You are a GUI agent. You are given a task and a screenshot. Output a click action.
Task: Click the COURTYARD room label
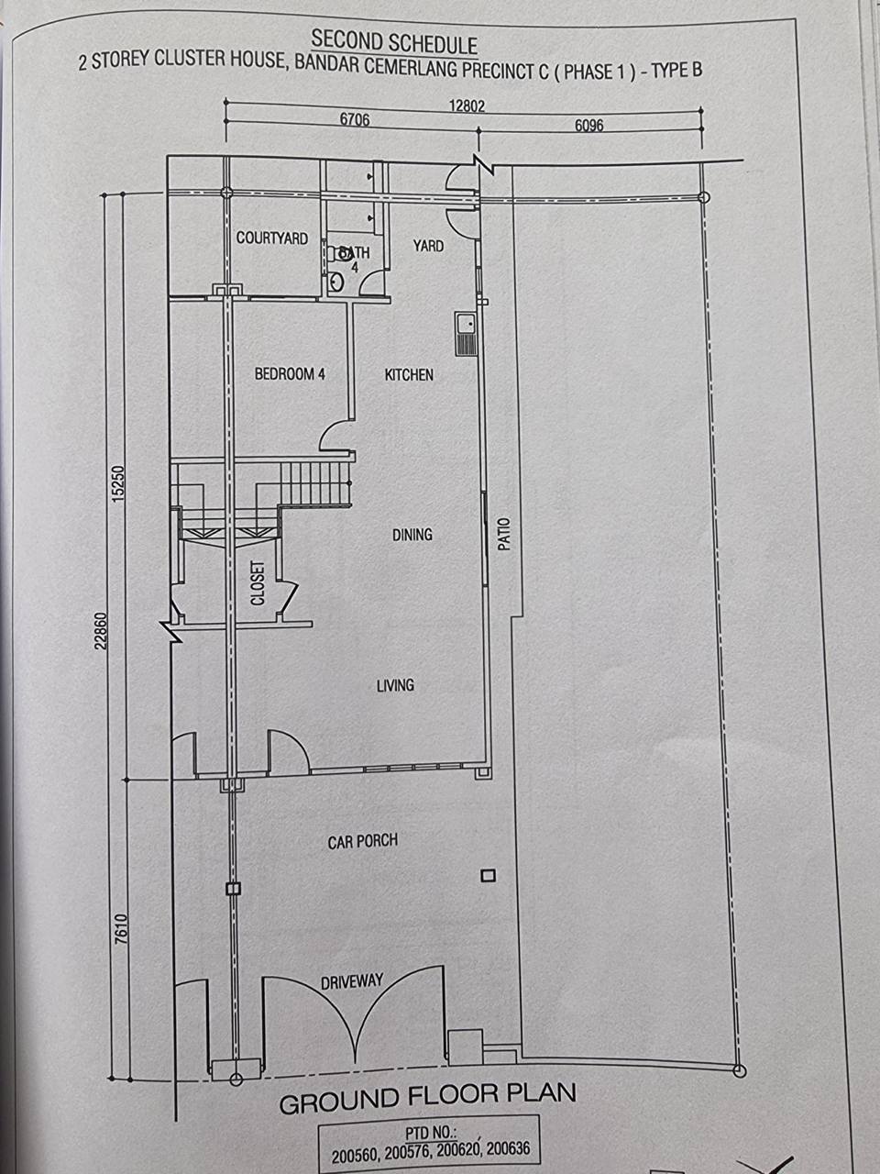(x=272, y=238)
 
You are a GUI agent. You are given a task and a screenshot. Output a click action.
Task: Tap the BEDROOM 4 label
(x=290, y=373)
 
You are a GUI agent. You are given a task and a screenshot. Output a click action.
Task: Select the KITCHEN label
(x=409, y=374)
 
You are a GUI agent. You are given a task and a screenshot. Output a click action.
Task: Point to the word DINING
(x=412, y=535)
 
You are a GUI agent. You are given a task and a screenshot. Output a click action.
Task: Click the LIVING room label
(x=395, y=685)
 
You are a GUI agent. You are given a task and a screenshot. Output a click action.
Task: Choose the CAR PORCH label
(x=363, y=841)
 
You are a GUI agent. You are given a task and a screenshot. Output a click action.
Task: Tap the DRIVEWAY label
(x=352, y=981)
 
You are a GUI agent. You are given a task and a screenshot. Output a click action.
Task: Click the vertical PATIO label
(x=504, y=534)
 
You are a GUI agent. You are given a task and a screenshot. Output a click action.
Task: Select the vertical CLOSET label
(x=258, y=583)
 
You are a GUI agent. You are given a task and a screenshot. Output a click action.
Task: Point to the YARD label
(x=428, y=246)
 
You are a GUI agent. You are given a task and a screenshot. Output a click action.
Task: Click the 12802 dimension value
(x=467, y=105)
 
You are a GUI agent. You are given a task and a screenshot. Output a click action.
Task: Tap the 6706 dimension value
(x=355, y=119)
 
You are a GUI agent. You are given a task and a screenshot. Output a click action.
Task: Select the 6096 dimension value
(x=588, y=125)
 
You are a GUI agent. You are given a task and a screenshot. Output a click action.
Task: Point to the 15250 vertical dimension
(x=118, y=483)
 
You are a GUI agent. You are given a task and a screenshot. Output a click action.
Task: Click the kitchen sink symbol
(x=466, y=334)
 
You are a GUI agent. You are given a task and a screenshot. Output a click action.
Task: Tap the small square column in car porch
(x=488, y=876)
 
